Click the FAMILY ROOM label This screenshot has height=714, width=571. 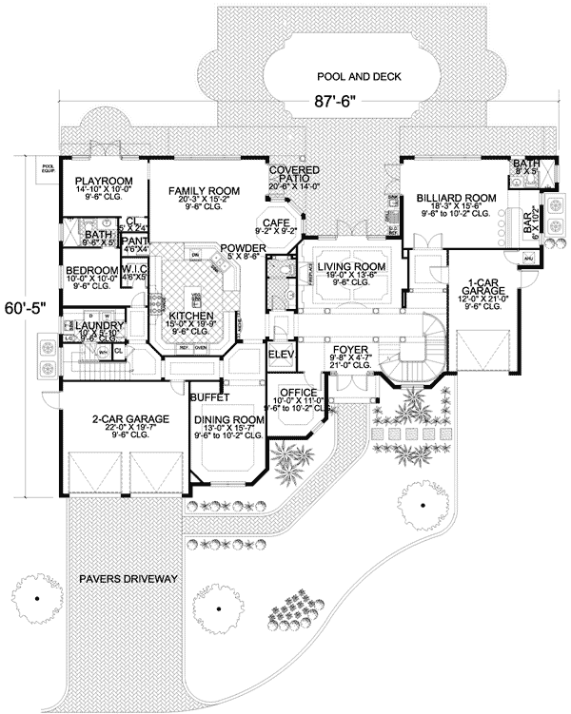[204, 192]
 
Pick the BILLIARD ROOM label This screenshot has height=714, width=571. [451, 198]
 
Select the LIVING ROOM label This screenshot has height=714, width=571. [351, 267]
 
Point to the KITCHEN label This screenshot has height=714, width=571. [190, 316]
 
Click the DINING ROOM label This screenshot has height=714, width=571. [227, 419]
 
